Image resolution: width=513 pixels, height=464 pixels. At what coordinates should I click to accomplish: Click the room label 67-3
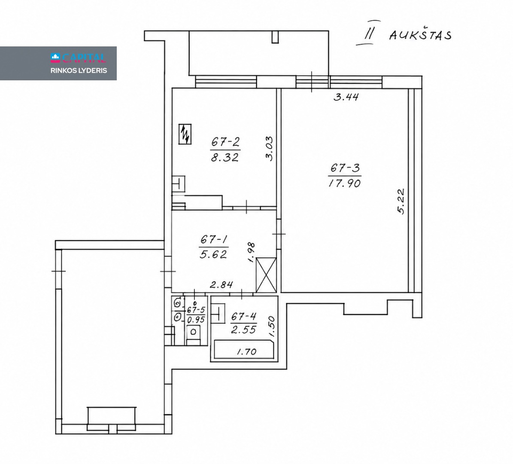pos(345,168)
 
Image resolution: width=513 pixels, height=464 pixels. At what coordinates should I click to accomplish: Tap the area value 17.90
pos(345,183)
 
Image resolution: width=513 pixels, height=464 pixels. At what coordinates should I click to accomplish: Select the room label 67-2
pos(225,142)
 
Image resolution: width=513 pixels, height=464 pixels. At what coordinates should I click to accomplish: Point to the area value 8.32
pos(225,158)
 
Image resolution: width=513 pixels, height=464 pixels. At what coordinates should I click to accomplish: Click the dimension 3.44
pos(346,97)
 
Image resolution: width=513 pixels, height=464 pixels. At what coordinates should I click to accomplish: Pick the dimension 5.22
pos(401,201)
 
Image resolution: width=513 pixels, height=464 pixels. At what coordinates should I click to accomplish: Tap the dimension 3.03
pos(269,148)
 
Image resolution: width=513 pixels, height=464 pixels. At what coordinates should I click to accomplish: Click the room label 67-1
pos(214,240)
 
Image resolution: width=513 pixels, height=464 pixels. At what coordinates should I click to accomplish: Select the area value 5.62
pos(213,254)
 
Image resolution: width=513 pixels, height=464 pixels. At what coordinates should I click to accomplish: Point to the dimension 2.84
pos(222,284)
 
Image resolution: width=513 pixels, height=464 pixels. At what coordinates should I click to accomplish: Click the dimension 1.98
pos(251,252)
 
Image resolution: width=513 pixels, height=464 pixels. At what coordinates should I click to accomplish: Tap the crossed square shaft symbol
pos(266,275)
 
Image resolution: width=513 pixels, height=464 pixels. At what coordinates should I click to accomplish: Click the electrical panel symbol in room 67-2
pos(185,134)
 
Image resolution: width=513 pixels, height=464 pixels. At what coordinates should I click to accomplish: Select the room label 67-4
pos(244,316)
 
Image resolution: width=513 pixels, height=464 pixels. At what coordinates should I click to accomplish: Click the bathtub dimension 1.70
pos(246,352)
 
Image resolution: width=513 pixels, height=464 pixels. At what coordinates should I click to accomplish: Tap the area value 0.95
pos(196,320)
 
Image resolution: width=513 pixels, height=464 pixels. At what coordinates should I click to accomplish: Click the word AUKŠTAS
pos(420,35)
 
